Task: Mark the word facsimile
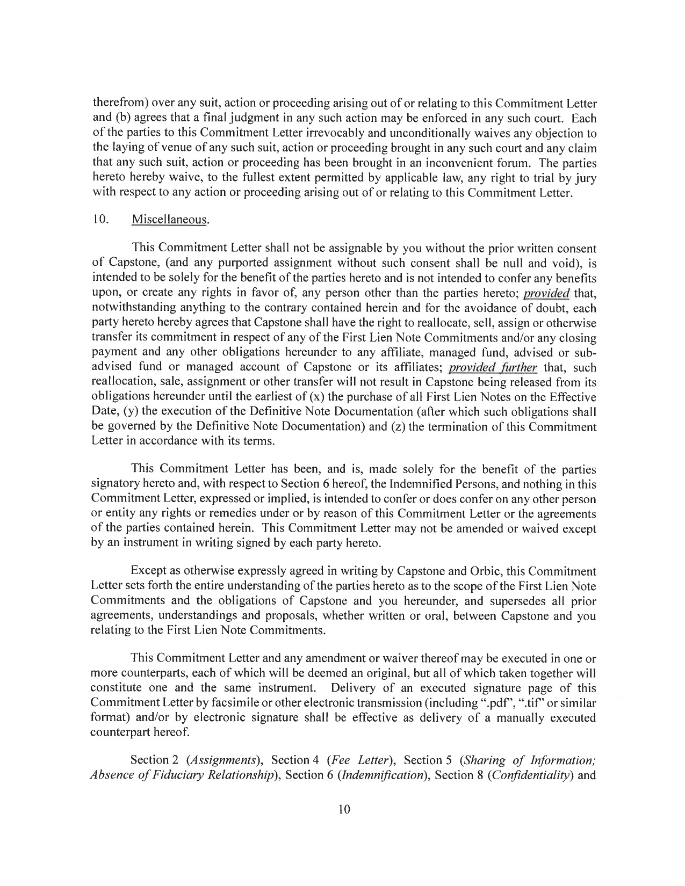(x=290, y=703)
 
